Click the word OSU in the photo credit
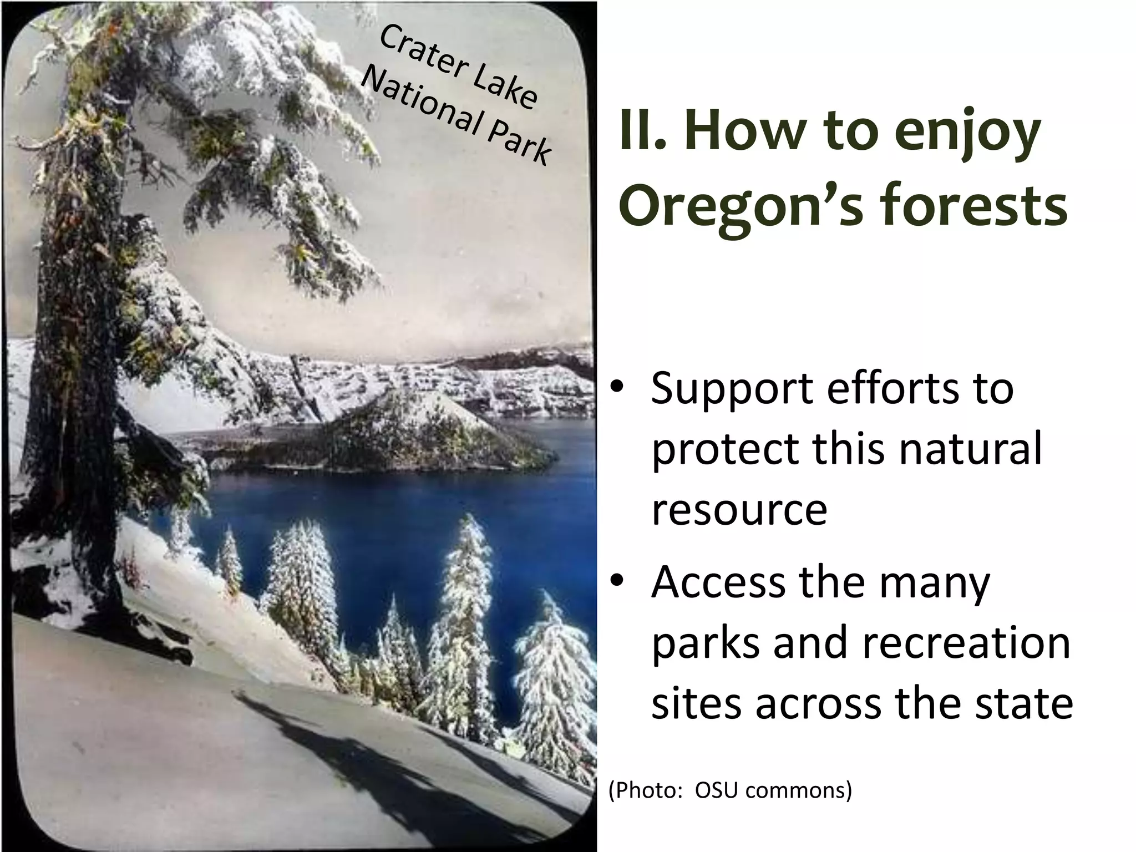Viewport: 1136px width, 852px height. (x=716, y=790)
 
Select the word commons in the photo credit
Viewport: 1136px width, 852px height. (x=798, y=791)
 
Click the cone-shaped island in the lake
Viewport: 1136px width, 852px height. (x=399, y=427)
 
